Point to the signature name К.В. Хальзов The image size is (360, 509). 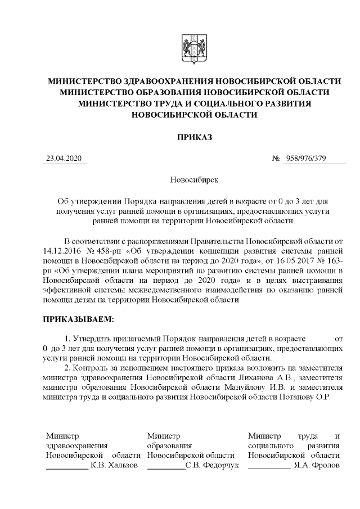pyautogui.click(x=114, y=465)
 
